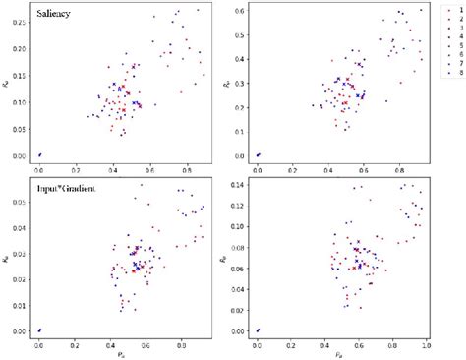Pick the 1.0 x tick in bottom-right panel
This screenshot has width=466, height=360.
click(425, 345)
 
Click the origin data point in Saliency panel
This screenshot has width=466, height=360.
click(39, 154)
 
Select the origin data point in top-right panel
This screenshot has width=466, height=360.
click(258, 154)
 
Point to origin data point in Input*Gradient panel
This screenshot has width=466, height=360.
click(39, 330)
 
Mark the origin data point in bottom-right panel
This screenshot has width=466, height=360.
click(258, 330)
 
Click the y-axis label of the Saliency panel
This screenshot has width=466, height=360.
click(7, 86)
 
